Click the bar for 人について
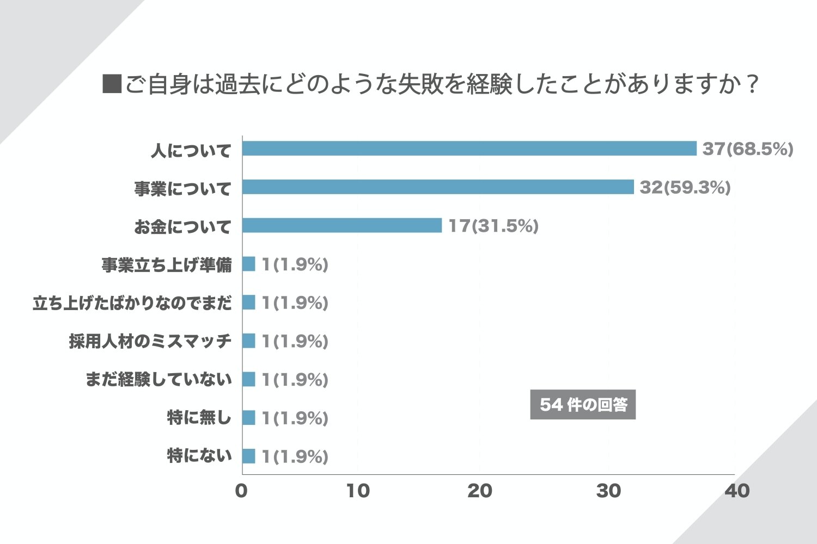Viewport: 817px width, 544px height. tap(469, 149)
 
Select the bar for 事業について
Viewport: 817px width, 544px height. tap(438, 187)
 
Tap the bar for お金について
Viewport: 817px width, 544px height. tap(342, 225)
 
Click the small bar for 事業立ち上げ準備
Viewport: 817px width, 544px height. tap(248, 264)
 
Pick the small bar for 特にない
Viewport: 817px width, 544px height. tap(248, 456)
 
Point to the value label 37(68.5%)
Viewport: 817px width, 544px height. tap(747, 149)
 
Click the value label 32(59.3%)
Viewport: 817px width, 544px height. tap(685, 187)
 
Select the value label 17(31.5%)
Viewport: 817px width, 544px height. tap(493, 225)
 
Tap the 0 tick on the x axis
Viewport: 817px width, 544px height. tap(241, 491)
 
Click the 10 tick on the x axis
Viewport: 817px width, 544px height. tap(358, 491)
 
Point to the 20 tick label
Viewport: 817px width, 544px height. tap(479, 491)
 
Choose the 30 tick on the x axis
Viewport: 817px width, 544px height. tap(608, 491)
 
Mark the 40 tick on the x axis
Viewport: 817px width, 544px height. tap(737, 491)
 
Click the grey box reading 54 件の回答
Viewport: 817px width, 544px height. tap(583, 405)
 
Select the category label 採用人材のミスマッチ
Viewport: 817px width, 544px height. tap(150, 341)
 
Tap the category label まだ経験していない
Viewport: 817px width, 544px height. tap(158, 379)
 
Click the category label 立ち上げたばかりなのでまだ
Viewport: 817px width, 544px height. tap(132, 302)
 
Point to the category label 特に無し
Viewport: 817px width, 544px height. tap(199, 418)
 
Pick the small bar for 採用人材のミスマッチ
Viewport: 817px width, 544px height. tap(248, 341)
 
